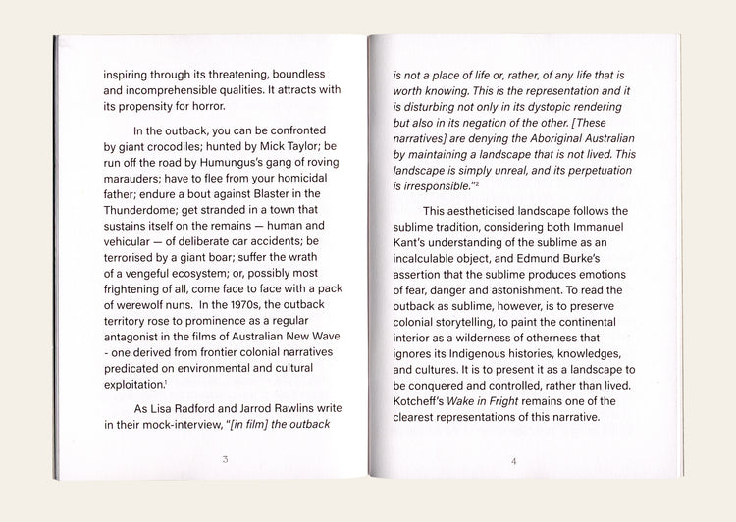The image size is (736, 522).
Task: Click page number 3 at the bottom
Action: click(225, 459)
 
